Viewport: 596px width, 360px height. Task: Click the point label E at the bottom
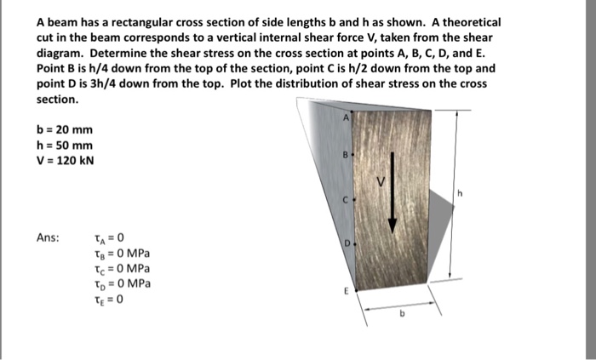[x=345, y=289]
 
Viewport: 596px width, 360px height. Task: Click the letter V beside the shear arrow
[x=382, y=182]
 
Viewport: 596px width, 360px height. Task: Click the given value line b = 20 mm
[x=65, y=130]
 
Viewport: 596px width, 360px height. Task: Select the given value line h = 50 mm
[x=65, y=145]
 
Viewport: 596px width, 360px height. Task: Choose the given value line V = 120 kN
[x=66, y=160]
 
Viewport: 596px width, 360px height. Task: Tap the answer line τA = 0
[x=109, y=238]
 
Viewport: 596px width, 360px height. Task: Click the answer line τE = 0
[x=109, y=299]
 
